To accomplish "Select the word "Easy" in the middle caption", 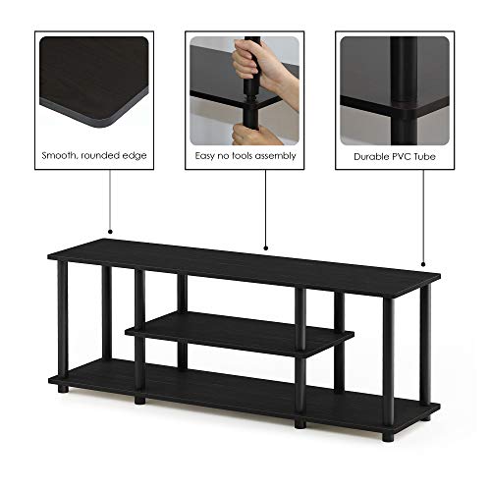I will pyautogui.click(x=203, y=156).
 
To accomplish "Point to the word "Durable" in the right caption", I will pyautogui.click(x=364, y=156).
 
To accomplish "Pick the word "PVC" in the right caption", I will pyautogui.click(x=400, y=156).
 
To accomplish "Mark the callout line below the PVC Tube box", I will pyautogui.click(x=422, y=216).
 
